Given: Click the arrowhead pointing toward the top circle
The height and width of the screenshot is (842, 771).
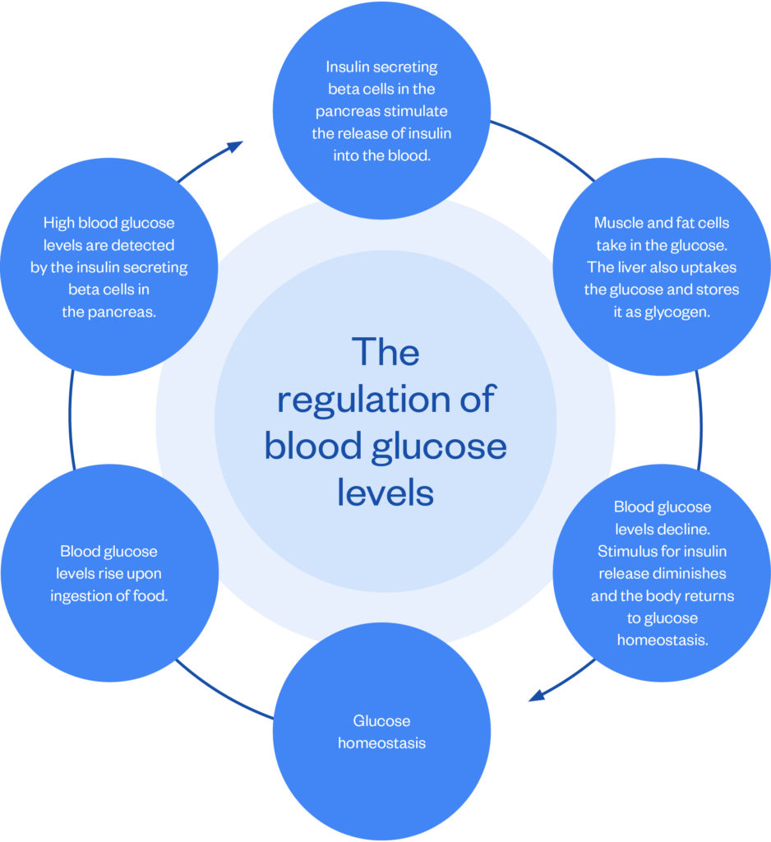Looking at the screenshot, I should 235,146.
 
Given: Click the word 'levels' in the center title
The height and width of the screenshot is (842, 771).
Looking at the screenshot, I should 385,493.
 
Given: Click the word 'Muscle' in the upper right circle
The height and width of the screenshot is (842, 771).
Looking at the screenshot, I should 617,223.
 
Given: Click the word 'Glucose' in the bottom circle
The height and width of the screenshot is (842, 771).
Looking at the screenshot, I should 381,720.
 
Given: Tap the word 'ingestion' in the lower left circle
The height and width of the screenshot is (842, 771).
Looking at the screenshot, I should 87,595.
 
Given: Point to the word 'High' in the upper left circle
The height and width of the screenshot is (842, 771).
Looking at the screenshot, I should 59,223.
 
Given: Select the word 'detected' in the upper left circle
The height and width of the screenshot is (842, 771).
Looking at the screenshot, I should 150,245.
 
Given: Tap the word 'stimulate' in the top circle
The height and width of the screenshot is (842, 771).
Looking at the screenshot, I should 418,111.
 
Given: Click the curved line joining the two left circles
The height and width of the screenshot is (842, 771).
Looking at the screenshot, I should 70,419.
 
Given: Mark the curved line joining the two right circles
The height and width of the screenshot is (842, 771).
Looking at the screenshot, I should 700,419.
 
